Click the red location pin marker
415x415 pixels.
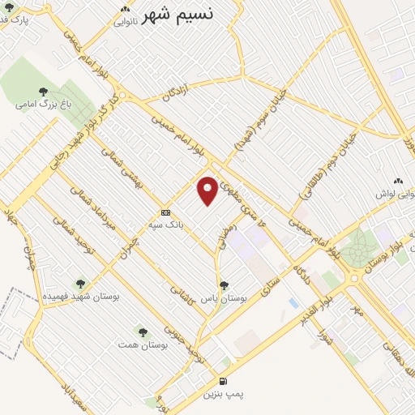[x=208, y=191]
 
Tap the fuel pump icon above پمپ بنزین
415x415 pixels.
[x=223, y=381]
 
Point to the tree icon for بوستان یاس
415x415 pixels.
[x=225, y=285]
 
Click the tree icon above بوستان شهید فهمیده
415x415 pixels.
[x=79, y=284]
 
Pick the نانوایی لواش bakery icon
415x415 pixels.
[x=396, y=182]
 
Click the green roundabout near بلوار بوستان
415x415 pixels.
[x=354, y=251]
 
